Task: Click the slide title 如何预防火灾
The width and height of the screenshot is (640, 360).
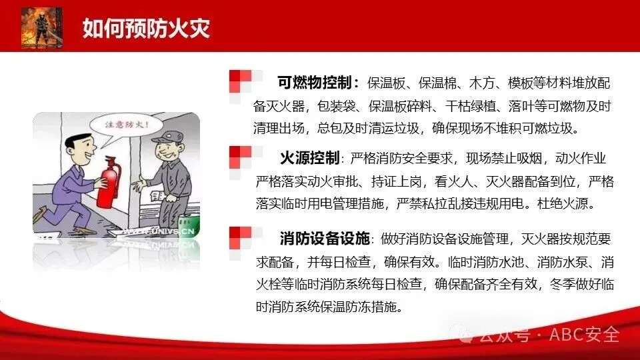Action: (146, 28)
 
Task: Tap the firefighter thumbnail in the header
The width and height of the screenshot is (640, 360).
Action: (41, 27)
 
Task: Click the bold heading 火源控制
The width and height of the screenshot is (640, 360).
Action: (309, 157)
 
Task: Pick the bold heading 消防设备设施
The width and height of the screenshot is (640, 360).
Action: (325, 239)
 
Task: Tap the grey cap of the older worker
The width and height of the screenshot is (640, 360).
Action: (168, 137)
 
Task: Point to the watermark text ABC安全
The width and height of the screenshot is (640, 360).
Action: (584, 335)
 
